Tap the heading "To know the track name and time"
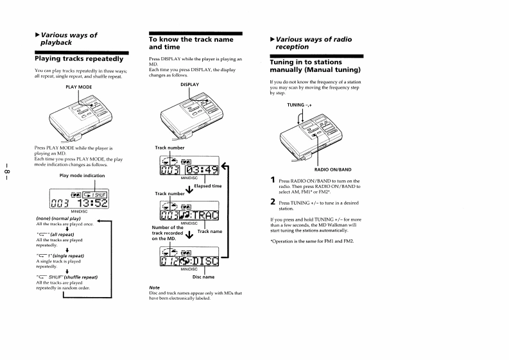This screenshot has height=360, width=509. (x=191, y=43)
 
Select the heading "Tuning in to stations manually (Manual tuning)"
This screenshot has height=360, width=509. (x=315, y=65)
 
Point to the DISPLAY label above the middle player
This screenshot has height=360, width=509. (x=189, y=84)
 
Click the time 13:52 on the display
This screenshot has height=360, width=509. (x=93, y=202)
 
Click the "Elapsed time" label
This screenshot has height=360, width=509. (x=207, y=186)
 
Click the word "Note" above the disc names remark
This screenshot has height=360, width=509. (x=153, y=287)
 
